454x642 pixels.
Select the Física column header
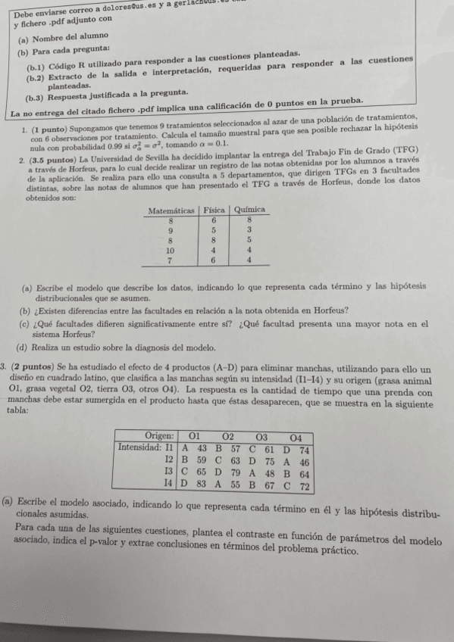214,209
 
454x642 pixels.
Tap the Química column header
249,209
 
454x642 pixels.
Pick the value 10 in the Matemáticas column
171,248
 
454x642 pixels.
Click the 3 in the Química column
249,229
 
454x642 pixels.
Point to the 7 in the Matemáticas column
171,259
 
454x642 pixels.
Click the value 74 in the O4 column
304,449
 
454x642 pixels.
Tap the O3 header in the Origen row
262,437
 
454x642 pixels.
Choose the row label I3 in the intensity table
170,472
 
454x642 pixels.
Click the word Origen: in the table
159,437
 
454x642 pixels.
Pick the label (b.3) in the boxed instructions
34,97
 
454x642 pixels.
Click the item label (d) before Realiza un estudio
22,348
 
